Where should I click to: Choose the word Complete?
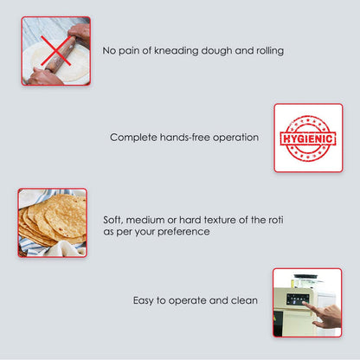(134, 138)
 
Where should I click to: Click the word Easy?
(145, 301)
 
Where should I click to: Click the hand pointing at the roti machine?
(327, 315)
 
